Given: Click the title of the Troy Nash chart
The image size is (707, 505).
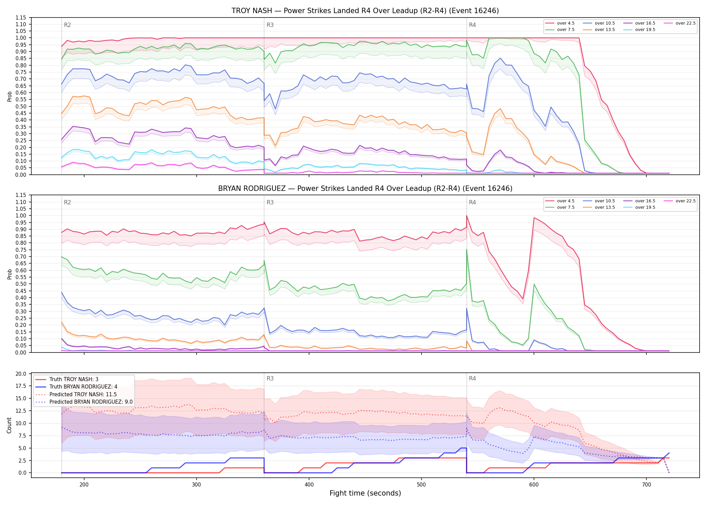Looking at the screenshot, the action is point(365,11).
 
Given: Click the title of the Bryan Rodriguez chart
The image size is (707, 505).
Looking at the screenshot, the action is point(365,189).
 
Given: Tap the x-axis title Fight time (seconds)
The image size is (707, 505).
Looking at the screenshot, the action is point(365,493).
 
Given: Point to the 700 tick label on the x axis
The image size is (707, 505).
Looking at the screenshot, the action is point(646,485).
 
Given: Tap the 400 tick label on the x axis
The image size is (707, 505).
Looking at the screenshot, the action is point(309,485).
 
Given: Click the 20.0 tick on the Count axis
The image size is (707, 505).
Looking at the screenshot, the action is point(21,374).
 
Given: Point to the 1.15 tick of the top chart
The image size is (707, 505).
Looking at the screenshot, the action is point(21,18).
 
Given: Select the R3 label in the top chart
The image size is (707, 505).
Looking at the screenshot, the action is point(270,25).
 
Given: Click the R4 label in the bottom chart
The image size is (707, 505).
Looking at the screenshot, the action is point(472,378).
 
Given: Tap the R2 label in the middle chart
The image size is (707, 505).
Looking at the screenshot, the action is point(67,202).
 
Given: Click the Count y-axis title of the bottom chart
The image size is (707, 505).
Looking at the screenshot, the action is point(9,426).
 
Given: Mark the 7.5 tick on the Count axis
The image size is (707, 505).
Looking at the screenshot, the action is point(22,436).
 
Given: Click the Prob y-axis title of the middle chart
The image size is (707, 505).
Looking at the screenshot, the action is point(10,274).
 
